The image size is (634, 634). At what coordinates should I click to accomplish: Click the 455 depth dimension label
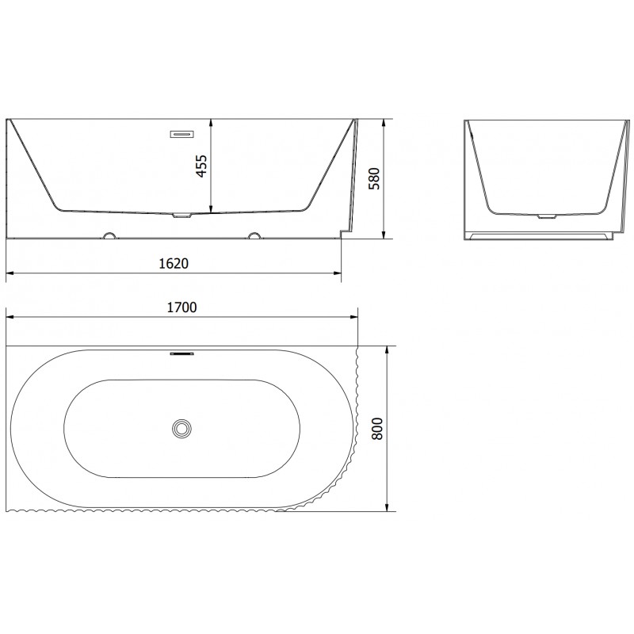click(201, 166)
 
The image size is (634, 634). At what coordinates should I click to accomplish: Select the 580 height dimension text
click(376, 179)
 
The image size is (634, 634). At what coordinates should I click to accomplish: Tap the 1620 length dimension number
click(174, 263)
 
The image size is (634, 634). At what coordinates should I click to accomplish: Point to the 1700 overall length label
click(181, 307)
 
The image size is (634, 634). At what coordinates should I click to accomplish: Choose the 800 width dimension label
click(377, 429)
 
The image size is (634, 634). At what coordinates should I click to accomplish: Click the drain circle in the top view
click(182, 428)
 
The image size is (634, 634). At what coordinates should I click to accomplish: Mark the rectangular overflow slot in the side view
click(181, 134)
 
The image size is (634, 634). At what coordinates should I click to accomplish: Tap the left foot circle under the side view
click(110, 235)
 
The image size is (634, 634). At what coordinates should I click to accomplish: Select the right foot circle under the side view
click(254, 235)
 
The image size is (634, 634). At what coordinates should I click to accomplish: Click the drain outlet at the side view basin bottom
click(182, 215)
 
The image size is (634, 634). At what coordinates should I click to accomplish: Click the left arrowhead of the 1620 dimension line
click(10, 274)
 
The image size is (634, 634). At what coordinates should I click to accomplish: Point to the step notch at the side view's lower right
click(342, 232)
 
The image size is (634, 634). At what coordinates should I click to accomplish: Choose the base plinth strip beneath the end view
click(540, 235)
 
